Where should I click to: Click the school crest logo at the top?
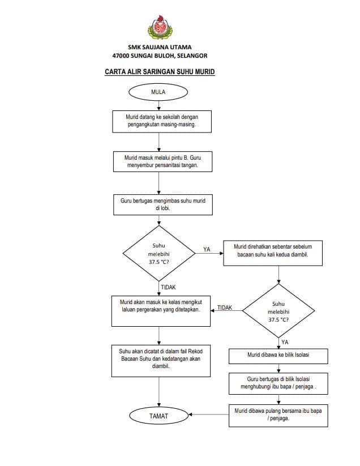[160, 27]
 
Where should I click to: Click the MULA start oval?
[158, 92]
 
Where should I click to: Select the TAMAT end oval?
[159, 416]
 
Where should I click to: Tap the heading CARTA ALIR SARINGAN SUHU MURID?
[160, 71]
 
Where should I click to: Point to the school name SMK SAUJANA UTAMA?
[160, 47]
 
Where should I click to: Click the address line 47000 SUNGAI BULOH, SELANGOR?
[160, 55]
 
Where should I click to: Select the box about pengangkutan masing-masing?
[162, 122]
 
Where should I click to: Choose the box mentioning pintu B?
[163, 162]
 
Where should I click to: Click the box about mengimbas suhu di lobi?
[163, 205]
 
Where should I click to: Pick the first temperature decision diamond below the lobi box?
[159, 254]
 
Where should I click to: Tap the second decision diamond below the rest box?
[278, 311]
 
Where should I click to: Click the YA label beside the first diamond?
[207, 249]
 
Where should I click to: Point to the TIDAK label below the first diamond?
[169, 287]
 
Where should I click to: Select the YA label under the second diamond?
[285, 342]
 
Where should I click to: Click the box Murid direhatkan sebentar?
[273, 253]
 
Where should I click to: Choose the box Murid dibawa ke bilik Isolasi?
[278, 356]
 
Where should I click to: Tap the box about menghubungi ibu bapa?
[278, 384]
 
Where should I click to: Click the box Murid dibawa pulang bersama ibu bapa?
[278, 416]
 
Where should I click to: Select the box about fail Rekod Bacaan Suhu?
[161, 361]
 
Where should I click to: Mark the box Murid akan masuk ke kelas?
[161, 311]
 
